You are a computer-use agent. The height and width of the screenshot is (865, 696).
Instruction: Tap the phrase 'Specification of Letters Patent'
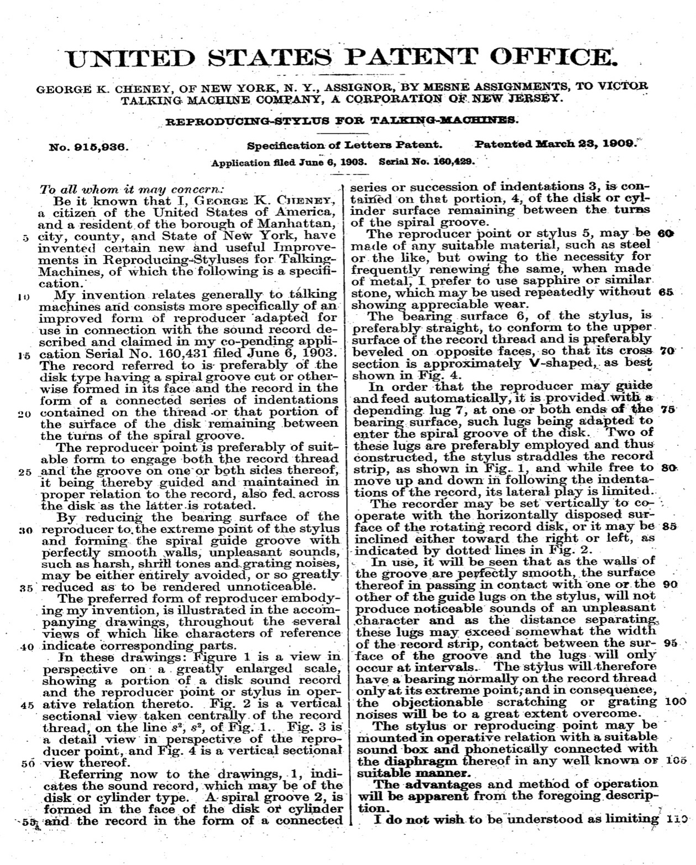coord(344,146)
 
